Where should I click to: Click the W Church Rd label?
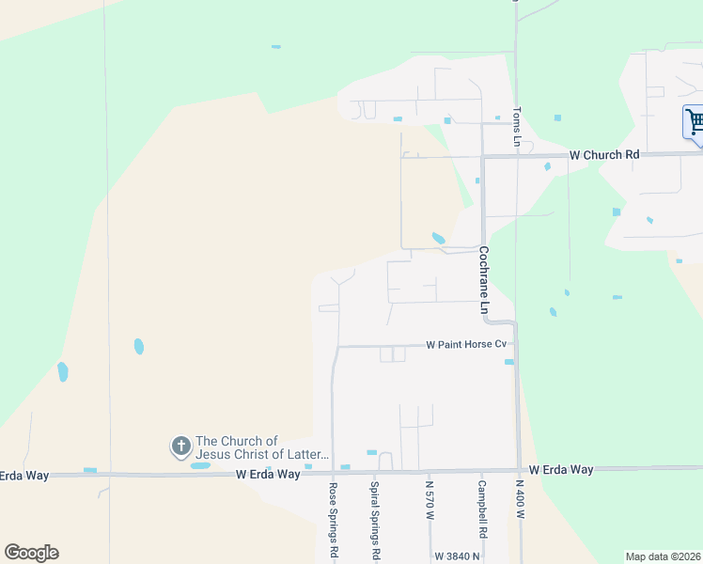(604, 154)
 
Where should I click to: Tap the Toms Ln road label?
(517, 126)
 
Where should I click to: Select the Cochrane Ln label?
(484, 280)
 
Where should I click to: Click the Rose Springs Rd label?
(333, 522)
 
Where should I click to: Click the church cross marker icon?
(180, 446)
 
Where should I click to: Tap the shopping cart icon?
(695, 122)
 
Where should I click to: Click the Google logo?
(31, 553)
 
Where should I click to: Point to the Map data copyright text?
(664, 556)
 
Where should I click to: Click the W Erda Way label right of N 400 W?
(561, 469)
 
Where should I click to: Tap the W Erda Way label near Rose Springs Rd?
(268, 475)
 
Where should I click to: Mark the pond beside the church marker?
(200, 465)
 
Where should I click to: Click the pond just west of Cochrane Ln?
(438, 239)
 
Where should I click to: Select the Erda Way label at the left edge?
(24, 476)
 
